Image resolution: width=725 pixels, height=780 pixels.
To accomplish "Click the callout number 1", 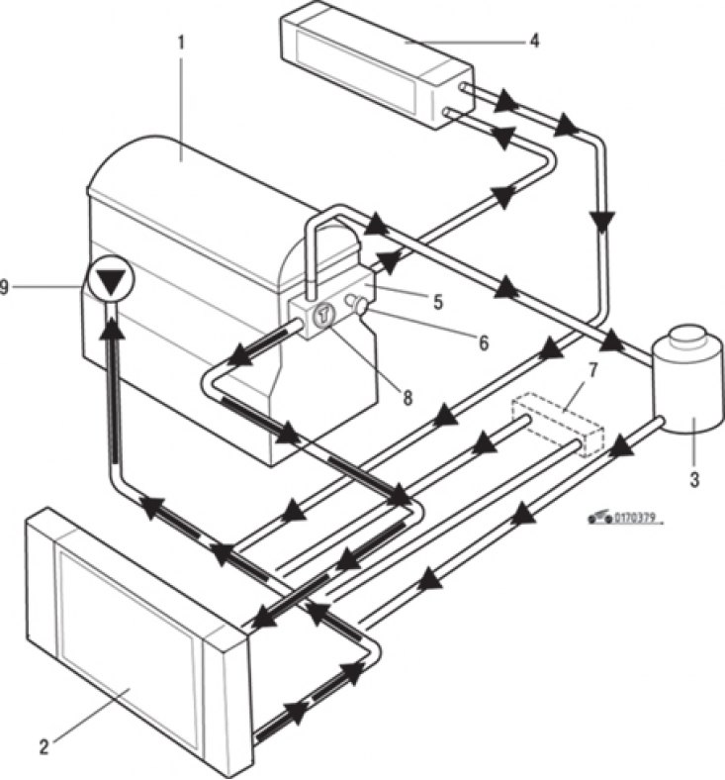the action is (181, 44).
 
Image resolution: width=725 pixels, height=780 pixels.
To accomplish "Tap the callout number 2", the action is (44, 746).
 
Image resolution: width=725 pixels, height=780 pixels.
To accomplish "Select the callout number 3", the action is (694, 479).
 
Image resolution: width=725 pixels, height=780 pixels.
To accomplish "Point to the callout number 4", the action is (534, 41).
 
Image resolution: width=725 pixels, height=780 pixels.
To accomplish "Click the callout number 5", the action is (438, 302).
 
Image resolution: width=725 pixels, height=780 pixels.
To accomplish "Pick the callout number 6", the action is (484, 342).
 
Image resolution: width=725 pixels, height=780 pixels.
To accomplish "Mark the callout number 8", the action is (408, 398).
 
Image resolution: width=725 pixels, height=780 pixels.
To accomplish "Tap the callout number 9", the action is (5, 287).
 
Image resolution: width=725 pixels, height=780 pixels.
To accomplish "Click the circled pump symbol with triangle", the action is (110, 278).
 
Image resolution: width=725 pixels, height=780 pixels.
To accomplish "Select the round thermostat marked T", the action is (323, 313).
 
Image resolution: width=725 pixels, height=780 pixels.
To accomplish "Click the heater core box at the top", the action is (377, 63).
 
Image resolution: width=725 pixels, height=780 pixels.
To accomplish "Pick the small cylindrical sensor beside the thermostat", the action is (357, 303).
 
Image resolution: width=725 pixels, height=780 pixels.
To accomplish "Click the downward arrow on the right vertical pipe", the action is (601, 222).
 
